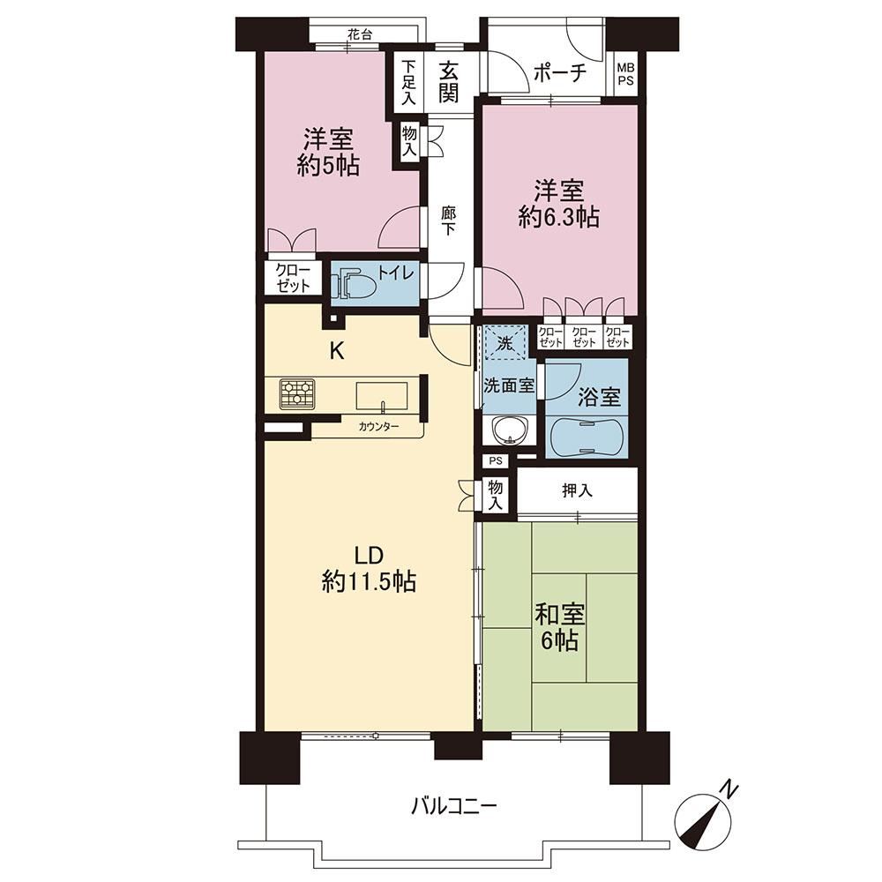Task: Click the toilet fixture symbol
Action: pos(354,285)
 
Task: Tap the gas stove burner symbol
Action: pos(297,393)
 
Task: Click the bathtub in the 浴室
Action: pos(587,437)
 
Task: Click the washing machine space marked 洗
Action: pos(505,342)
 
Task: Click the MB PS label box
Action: pos(625,74)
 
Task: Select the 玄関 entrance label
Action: pos(448,82)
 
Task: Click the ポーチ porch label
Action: pos(559,72)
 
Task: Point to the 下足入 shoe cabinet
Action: pos(408,81)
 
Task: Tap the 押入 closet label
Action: pos(577,490)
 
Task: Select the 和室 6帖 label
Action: pos(559,628)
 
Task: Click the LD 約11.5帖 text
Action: pos(369,569)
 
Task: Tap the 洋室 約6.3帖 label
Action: pos(558,204)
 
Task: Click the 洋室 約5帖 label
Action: pos(328,152)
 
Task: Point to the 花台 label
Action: pos(360,34)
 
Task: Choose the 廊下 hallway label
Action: pos(448,221)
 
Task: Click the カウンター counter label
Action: pos(378,426)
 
